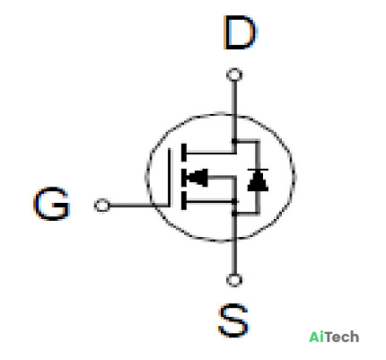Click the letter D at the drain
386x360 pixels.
coord(240,33)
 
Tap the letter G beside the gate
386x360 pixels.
coord(52,204)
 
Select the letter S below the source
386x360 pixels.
coord(233,320)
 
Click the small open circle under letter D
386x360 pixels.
coord(234,75)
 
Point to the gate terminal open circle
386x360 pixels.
coord(101,206)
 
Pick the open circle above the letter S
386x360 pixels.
coord(234,280)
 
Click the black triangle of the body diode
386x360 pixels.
coord(258,181)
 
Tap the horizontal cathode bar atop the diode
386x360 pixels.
coord(258,170)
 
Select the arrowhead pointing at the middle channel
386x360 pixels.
coord(197,178)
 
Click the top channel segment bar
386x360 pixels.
coord(184,153)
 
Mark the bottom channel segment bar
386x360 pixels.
coord(184,201)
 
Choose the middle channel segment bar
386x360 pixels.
coord(184,178)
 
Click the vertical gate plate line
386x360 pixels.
coord(170,177)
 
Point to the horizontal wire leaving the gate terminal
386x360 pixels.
coord(139,206)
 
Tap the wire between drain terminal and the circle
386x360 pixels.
coord(234,98)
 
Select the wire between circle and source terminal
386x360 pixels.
coord(234,257)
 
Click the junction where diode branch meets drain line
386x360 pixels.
coord(234,141)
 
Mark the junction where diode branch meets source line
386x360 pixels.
coord(234,214)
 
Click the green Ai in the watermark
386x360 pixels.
coord(316,337)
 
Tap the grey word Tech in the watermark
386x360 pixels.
coord(341,337)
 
